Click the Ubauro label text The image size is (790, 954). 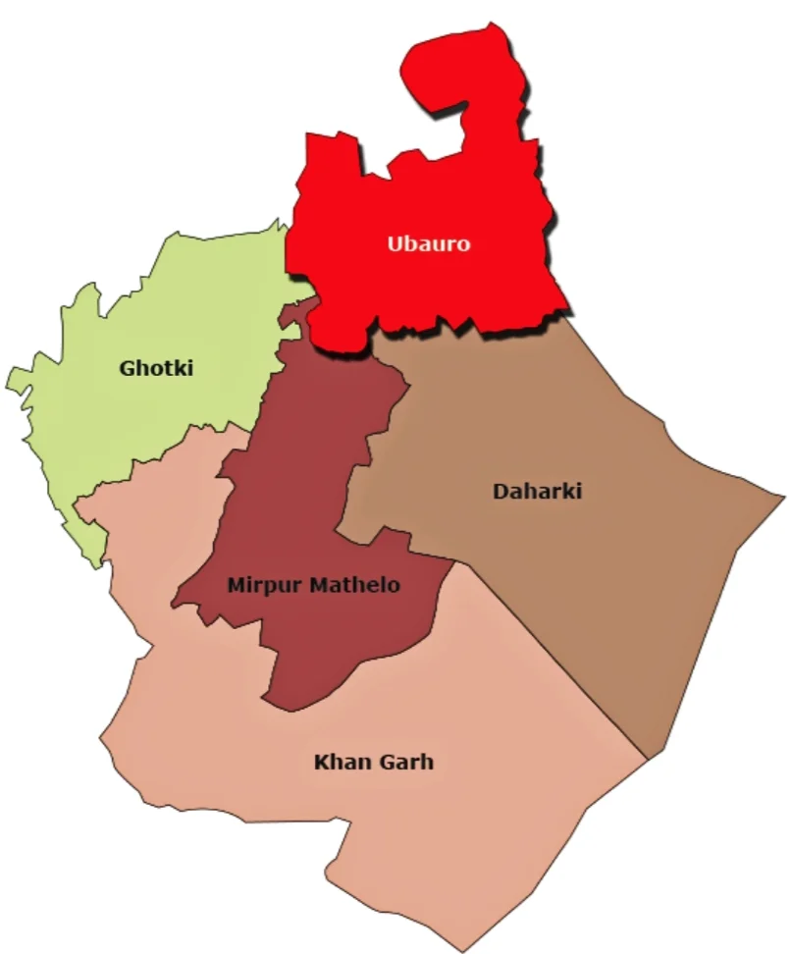coord(428,243)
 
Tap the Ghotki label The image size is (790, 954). coord(156,369)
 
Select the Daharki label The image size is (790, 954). coord(537,491)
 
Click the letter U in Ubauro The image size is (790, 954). coord(395,243)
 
